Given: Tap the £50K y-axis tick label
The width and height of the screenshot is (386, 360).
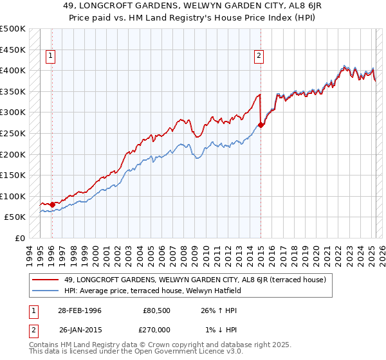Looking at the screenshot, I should tap(15, 217).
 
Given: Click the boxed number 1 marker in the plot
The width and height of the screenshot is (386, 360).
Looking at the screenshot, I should tap(51, 56).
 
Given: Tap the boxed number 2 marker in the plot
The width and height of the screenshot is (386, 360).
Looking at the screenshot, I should tap(259, 56).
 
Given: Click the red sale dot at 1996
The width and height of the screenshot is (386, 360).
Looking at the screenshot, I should tap(52, 204).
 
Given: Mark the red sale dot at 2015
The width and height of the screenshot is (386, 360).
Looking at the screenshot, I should tap(261, 125).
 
